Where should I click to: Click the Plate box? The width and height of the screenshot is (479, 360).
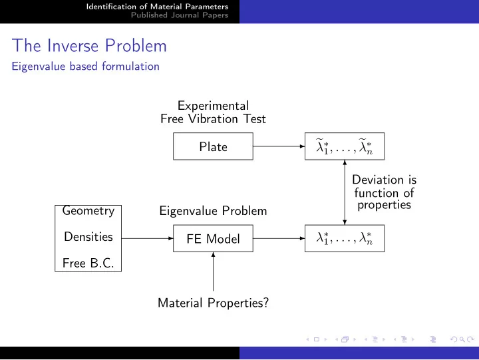coord(213,146)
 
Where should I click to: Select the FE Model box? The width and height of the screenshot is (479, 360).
coord(213,238)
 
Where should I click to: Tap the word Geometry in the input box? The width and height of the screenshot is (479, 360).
coord(88,211)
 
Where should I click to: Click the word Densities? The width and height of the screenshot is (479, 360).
coord(88,237)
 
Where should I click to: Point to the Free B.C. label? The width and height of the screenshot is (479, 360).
coord(88,263)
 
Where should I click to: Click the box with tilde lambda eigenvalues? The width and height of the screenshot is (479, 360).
coord(345,146)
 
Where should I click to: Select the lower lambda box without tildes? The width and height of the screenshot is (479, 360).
coord(345,238)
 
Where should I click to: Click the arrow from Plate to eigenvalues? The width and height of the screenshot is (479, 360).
coord(279,146)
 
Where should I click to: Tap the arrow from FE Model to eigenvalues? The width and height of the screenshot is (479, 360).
coord(279,238)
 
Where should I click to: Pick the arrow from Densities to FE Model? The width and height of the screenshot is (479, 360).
coord(147,238)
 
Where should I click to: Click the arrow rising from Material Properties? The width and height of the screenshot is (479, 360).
coord(214,271)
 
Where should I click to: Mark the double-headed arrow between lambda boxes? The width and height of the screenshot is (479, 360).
coord(345,192)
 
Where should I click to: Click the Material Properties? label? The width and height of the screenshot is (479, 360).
coord(214,303)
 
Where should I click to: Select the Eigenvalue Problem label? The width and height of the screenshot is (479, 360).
coord(213,211)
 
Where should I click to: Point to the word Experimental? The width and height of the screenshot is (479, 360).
coord(214,106)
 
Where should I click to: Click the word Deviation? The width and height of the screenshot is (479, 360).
coord(378,180)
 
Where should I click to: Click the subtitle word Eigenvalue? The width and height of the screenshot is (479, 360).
coord(39,67)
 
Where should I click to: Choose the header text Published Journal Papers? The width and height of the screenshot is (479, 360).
coord(180,15)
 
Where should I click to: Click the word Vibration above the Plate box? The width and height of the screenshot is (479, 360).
coord(213,119)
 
